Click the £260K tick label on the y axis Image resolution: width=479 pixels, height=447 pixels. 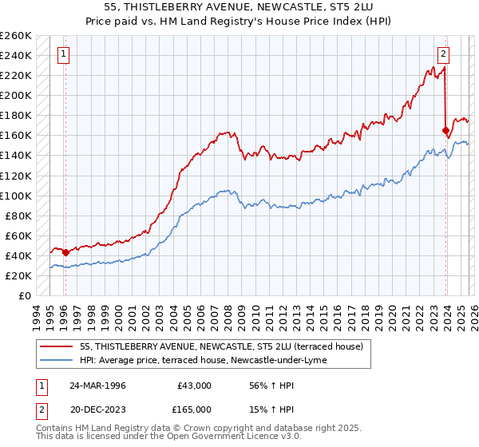click(x=16, y=36)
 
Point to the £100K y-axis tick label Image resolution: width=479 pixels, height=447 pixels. click(x=16, y=196)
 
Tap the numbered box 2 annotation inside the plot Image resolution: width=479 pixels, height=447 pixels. click(x=443, y=55)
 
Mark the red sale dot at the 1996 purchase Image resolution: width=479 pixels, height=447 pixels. click(x=65, y=252)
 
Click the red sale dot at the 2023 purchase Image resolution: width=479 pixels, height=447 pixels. click(x=445, y=130)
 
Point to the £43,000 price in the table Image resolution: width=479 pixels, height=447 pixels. click(x=194, y=385)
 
